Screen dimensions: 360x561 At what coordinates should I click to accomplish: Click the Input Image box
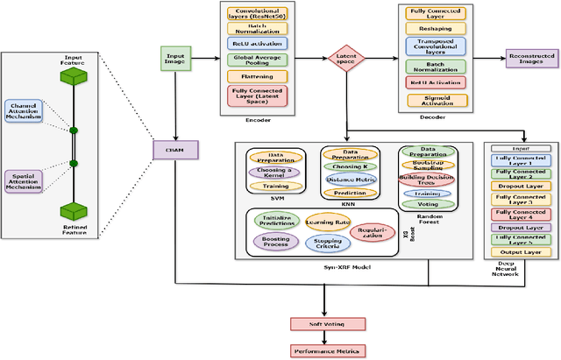[x=175, y=59]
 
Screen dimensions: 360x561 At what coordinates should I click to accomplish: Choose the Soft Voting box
[x=324, y=324]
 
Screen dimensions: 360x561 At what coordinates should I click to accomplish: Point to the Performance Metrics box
[x=324, y=350]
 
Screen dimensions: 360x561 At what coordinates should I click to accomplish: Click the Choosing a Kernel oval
[x=276, y=172]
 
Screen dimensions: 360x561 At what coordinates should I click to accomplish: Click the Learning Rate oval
[x=327, y=222]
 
